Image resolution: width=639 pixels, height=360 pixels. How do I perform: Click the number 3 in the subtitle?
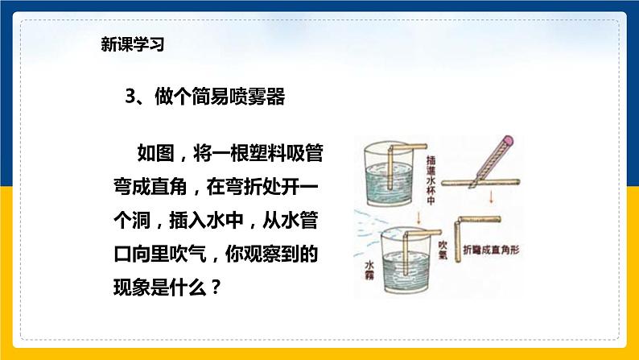point(133,97)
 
